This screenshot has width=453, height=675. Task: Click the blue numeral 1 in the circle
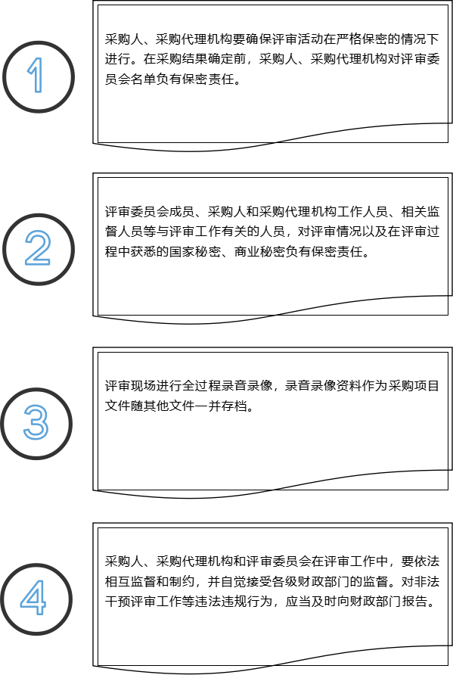pyautogui.click(x=36, y=75)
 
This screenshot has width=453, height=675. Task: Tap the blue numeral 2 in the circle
pyautogui.click(x=37, y=247)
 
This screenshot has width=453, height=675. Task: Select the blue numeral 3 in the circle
pyautogui.click(x=36, y=422)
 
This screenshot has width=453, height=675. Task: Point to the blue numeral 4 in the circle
pyautogui.click(x=33, y=598)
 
